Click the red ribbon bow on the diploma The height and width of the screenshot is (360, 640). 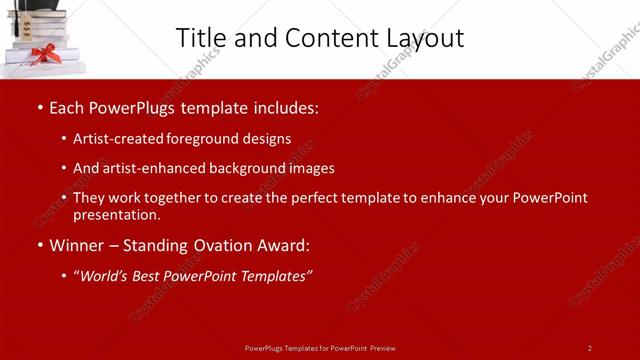pyautogui.click(x=42, y=52)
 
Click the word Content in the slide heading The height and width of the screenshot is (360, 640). pyautogui.click(x=319, y=37)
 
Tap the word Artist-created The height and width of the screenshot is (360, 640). pyautogui.click(x=114, y=138)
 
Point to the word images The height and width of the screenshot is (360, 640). pyautogui.click(x=312, y=168)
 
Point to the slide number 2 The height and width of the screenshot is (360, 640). pyautogui.click(x=589, y=348)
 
